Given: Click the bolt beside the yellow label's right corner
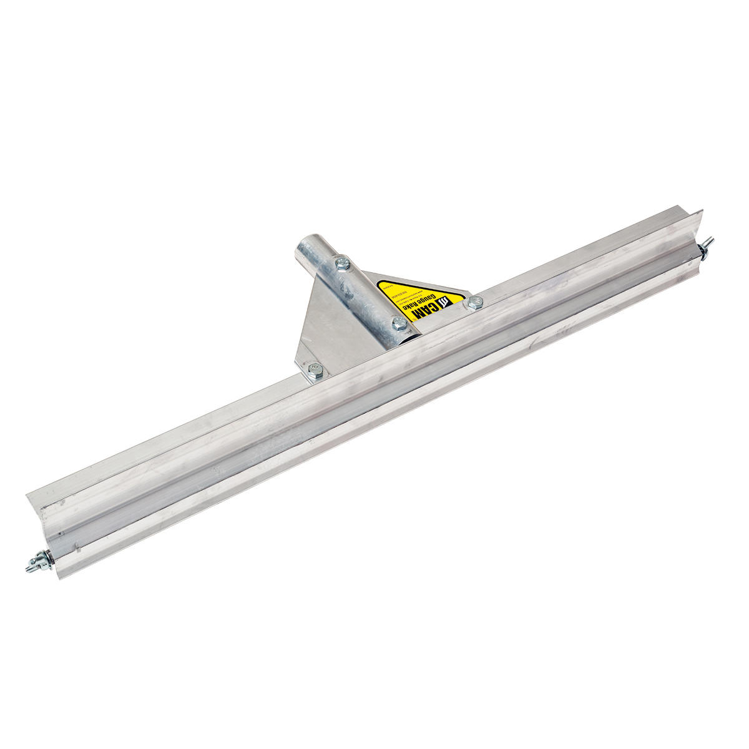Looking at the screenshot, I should coord(475,303).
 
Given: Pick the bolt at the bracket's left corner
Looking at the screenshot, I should coord(315,373).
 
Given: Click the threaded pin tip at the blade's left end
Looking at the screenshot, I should coord(29,567).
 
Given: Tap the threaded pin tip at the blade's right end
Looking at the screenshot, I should coord(712,240).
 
